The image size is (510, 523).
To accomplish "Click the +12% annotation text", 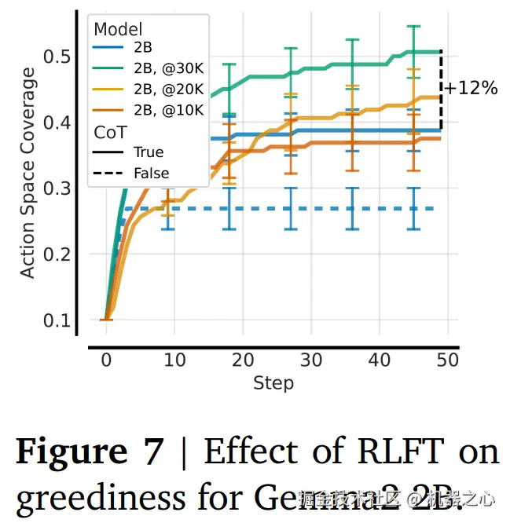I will [471, 88].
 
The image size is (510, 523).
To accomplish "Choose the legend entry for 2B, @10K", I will [167, 111].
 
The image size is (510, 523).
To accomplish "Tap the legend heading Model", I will [118, 29].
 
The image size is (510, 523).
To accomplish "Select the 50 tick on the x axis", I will [448, 360].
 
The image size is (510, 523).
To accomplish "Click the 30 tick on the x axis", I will [311, 360].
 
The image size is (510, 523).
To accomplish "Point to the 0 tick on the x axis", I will [106, 360].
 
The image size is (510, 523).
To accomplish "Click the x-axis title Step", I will [273, 383].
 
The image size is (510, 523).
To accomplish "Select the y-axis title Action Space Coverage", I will [28, 173].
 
